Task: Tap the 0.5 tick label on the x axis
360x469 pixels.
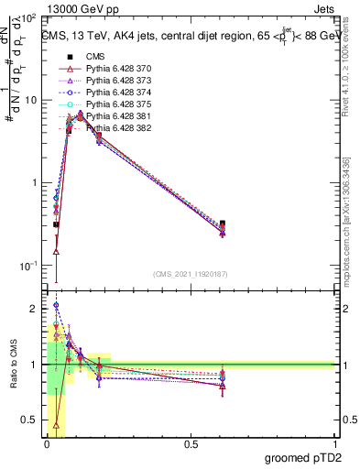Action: pos(191,442)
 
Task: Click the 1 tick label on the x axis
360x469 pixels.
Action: pos(335,442)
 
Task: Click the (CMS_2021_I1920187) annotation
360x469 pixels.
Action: pos(190,274)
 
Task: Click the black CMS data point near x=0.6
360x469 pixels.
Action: pos(223,224)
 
